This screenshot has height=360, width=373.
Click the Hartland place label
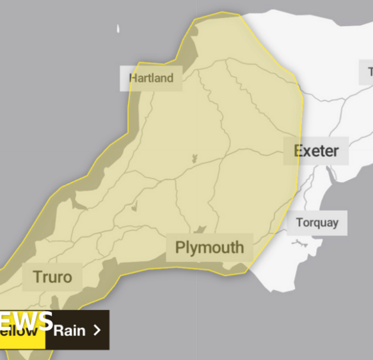[x=151, y=78]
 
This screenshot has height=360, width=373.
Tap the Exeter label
[x=316, y=151]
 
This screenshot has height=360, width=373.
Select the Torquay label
[x=317, y=223]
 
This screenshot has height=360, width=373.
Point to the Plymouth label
[x=209, y=247]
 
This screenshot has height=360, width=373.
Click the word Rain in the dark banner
[x=69, y=331]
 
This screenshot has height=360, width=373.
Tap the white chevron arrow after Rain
[x=97, y=331]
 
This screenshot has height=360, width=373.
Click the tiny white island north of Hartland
[x=118, y=28]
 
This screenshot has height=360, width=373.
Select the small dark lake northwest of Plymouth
[x=134, y=208]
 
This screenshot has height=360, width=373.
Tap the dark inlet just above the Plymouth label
[x=200, y=230]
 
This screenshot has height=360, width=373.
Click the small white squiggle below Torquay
[x=299, y=243]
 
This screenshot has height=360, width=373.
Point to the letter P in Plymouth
[x=180, y=247]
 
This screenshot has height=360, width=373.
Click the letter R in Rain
[x=58, y=331]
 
